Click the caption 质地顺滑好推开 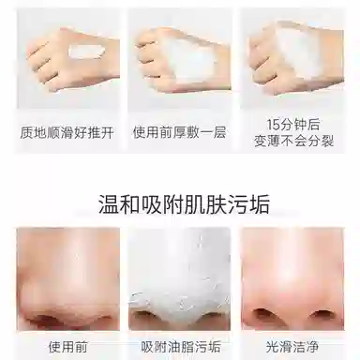(x=67, y=132)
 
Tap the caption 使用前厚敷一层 (x=179, y=132)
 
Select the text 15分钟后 (x=293, y=125)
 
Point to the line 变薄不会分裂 (x=293, y=141)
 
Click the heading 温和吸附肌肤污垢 (x=184, y=204)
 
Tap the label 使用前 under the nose (x=67, y=347)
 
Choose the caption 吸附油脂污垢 (x=181, y=347)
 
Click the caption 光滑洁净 (x=292, y=347)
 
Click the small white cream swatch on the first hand (x=86, y=51)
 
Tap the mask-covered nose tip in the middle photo (x=179, y=300)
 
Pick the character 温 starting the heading (x=109, y=204)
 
